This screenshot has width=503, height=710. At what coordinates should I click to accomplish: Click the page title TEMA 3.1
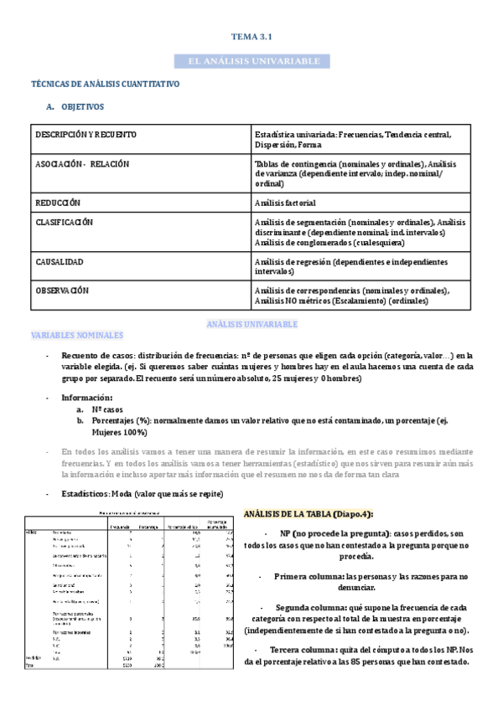[251, 37]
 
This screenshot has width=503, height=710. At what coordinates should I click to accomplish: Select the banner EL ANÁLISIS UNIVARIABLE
[251, 62]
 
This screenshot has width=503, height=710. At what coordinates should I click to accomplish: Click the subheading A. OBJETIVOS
[75, 107]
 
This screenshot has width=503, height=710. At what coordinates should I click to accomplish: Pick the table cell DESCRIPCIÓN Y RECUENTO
[86, 135]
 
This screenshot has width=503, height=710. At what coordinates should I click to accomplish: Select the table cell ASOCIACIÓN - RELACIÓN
[82, 164]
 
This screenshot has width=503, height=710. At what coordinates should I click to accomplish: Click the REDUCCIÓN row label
[58, 203]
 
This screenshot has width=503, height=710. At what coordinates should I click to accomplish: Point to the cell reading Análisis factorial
[285, 203]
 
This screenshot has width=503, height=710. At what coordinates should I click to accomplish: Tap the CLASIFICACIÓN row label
[64, 223]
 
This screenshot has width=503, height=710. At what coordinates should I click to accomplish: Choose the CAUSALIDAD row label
[60, 262]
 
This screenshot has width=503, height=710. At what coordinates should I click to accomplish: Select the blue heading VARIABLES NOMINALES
[76, 335]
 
